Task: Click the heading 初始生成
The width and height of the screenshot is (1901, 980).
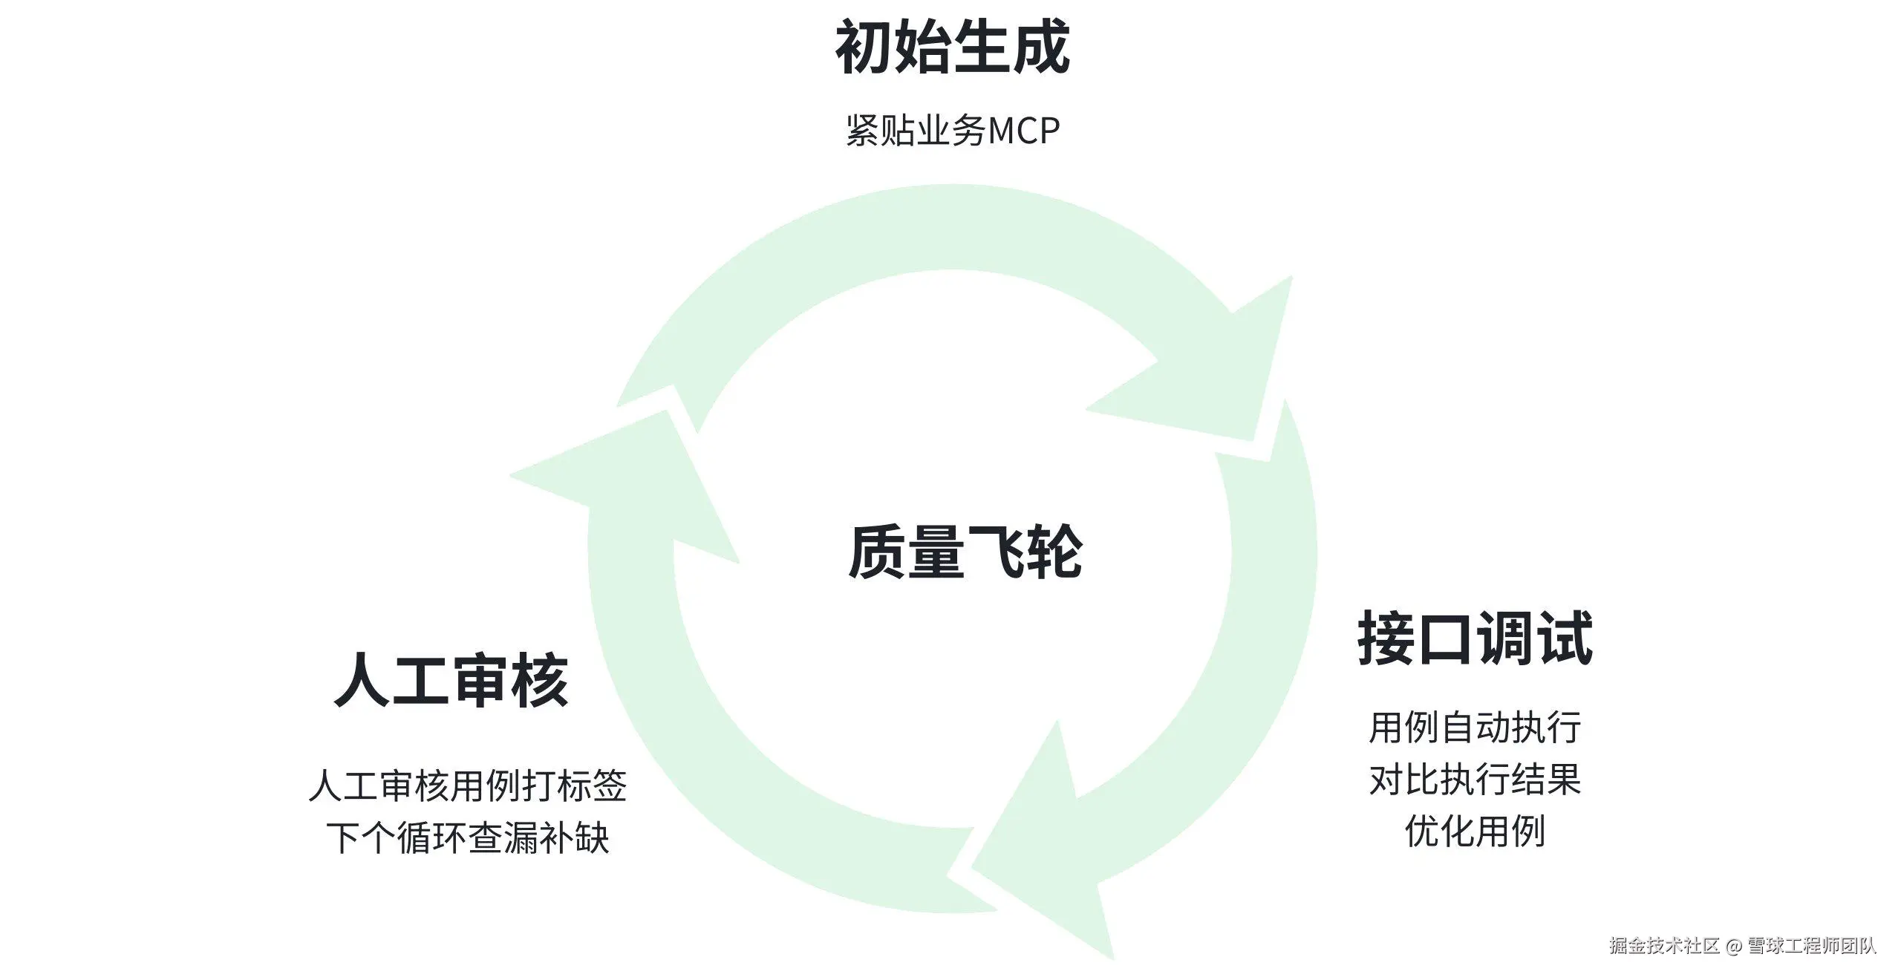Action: (x=952, y=48)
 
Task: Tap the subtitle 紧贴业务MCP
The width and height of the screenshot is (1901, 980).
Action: (x=952, y=131)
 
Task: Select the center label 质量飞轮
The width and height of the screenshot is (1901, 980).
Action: (x=965, y=552)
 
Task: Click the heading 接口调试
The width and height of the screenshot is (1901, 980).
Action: (x=1475, y=638)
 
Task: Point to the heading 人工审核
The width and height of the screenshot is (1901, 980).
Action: (x=451, y=680)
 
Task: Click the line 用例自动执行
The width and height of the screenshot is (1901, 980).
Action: (x=1475, y=728)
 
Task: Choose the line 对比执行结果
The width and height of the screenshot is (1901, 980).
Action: (x=1475, y=780)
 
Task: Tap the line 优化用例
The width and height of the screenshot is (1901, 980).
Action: (x=1475, y=831)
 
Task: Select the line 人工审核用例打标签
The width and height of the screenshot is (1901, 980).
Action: (x=468, y=785)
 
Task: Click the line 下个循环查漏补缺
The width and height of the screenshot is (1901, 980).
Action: (x=468, y=838)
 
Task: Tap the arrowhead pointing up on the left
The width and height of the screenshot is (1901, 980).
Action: (x=631, y=483)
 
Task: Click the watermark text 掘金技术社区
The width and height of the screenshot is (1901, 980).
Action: (x=1664, y=946)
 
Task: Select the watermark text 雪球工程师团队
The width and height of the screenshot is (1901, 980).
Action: (x=1812, y=946)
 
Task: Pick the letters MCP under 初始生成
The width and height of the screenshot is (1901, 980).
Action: (x=1023, y=131)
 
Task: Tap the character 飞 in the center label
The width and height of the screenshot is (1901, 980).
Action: (x=994, y=552)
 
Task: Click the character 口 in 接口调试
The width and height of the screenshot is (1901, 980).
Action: (x=1445, y=638)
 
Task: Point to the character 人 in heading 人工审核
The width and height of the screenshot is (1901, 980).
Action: (x=363, y=680)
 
